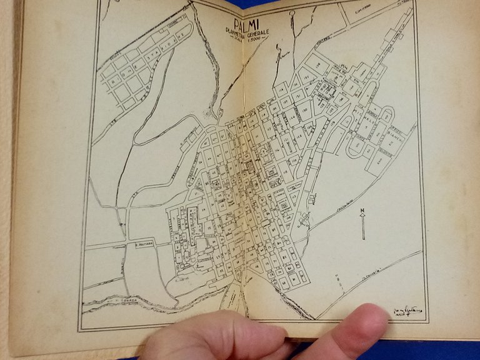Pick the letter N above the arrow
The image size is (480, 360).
click(362, 209)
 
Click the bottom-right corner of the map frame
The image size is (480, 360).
click(428, 321)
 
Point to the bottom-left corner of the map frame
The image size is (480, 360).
click(79, 329)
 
